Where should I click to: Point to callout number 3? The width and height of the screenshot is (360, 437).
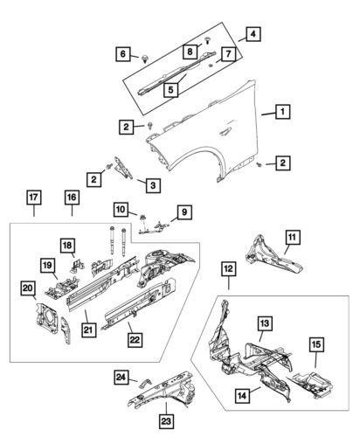pos(152,184)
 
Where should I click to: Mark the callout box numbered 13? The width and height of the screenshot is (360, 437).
pos(262,323)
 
